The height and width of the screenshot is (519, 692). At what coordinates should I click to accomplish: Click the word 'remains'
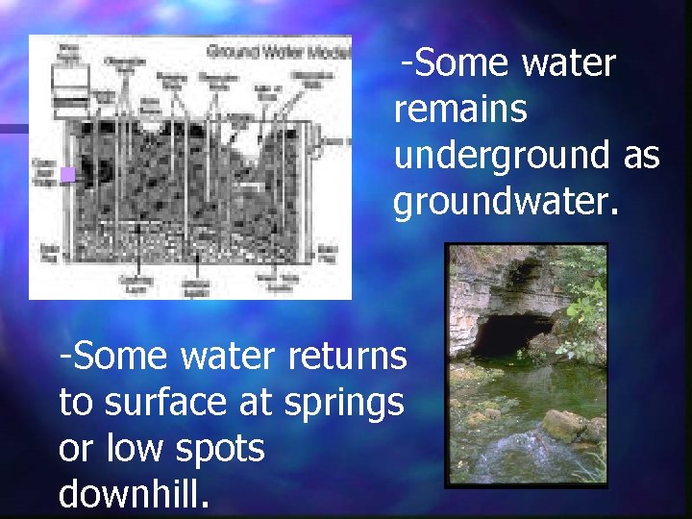pos(460,110)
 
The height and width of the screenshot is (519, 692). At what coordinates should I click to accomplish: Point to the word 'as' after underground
pos(641,155)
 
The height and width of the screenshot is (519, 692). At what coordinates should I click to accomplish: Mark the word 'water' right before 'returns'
pos(228,357)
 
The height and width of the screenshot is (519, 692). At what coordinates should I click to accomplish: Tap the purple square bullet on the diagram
pos(66,175)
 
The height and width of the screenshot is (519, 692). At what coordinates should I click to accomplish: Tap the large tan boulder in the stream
pos(564,424)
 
